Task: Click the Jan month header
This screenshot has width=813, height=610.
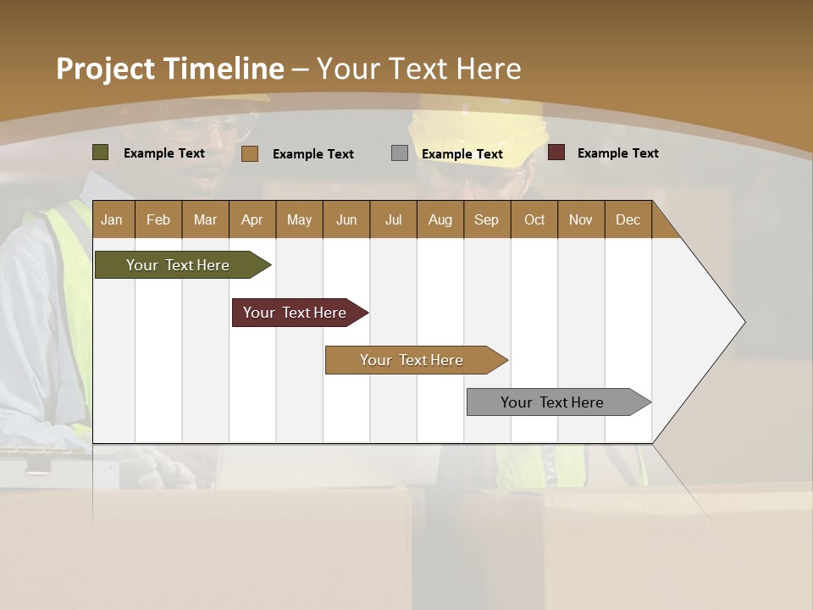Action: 112,219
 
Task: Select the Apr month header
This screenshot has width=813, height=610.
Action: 252,219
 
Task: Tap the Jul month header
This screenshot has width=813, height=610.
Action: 393,219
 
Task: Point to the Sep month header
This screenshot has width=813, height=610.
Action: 486,219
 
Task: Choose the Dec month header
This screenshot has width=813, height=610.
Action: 628,219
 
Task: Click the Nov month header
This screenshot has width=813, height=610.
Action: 580,219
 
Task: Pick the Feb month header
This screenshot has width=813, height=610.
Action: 158,219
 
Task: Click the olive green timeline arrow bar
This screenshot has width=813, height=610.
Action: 178,265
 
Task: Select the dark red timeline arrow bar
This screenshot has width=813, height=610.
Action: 295,313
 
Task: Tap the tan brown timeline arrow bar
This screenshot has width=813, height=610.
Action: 412,360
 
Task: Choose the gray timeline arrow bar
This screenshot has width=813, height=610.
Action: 552,402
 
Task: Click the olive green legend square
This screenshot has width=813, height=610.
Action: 101,152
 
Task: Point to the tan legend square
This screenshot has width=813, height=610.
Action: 250,153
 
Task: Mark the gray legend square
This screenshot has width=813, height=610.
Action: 400,153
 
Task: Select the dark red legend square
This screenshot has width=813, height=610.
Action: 556,152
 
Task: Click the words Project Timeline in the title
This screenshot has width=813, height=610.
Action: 169,69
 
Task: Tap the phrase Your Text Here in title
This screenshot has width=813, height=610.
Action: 419,69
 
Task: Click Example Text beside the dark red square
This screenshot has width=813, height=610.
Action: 617,153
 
